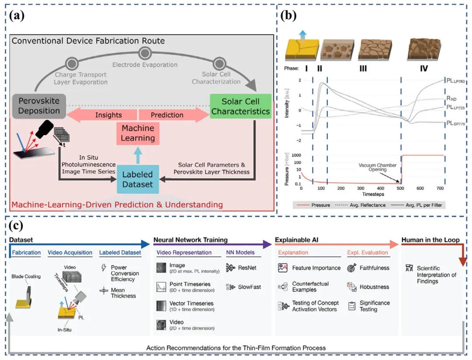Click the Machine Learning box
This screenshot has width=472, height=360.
click(138, 133)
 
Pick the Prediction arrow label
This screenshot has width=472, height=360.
click(167, 115)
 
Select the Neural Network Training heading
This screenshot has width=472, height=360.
click(190, 240)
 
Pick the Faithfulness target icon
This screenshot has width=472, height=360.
click(352, 268)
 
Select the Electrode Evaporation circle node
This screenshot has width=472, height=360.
click(145, 54)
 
